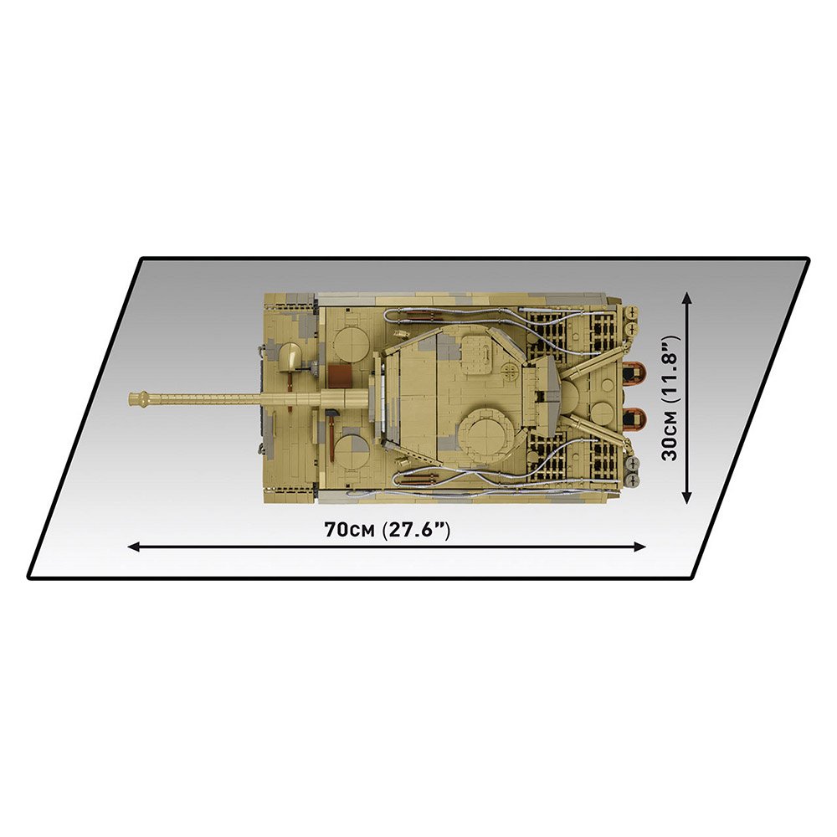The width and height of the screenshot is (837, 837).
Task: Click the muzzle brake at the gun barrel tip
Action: coord(141,398)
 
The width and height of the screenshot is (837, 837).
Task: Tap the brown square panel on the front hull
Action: coord(340,377)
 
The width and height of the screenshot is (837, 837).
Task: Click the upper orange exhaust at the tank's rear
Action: coord(634,372)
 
